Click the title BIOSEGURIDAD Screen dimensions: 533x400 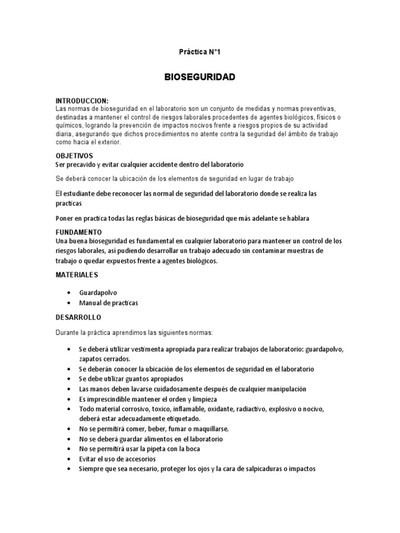pos(200,77)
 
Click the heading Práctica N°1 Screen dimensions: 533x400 pos(200,52)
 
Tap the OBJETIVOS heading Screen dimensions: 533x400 pos(74,156)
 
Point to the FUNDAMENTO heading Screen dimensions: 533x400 pos(79,232)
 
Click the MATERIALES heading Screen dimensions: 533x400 pos(77,274)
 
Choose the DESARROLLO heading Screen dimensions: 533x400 pos(78,317)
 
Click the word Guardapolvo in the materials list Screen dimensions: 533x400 pos(98,293)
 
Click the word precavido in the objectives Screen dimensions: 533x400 pos(81,164)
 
